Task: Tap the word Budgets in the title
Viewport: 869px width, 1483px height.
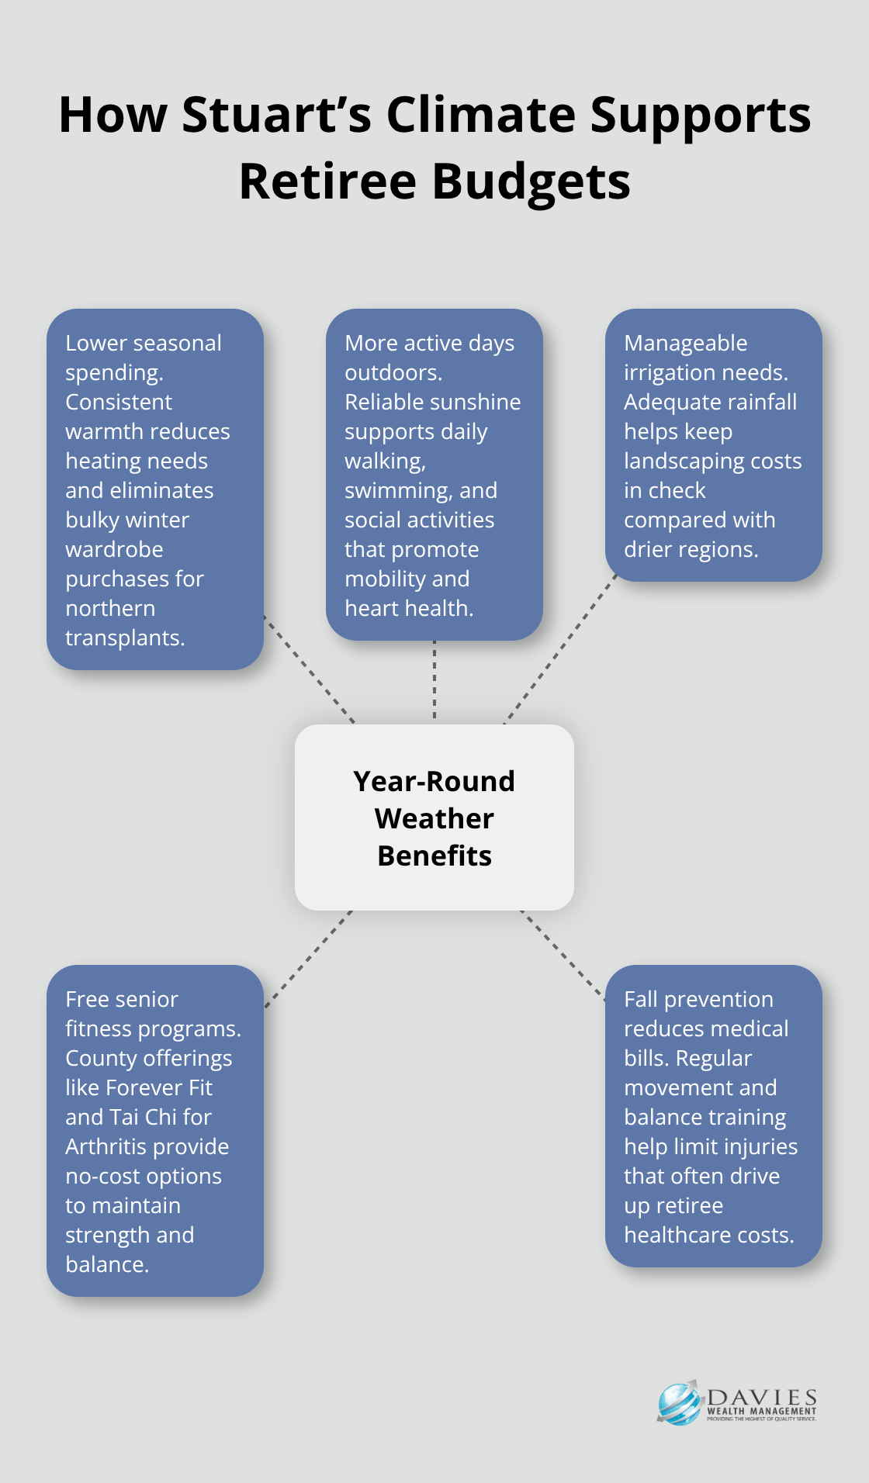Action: click(531, 181)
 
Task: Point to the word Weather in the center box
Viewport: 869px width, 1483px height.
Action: click(434, 819)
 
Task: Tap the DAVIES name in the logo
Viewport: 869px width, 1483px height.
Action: click(762, 1398)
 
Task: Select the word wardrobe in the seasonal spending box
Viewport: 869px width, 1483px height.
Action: click(114, 550)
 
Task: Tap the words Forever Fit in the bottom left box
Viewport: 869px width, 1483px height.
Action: click(158, 1088)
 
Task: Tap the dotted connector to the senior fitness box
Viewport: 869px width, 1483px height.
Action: click(308, 959)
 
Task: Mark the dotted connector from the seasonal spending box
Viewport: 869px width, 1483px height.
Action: click(309, 669)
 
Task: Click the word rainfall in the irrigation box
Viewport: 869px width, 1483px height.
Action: click(753, 403)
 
